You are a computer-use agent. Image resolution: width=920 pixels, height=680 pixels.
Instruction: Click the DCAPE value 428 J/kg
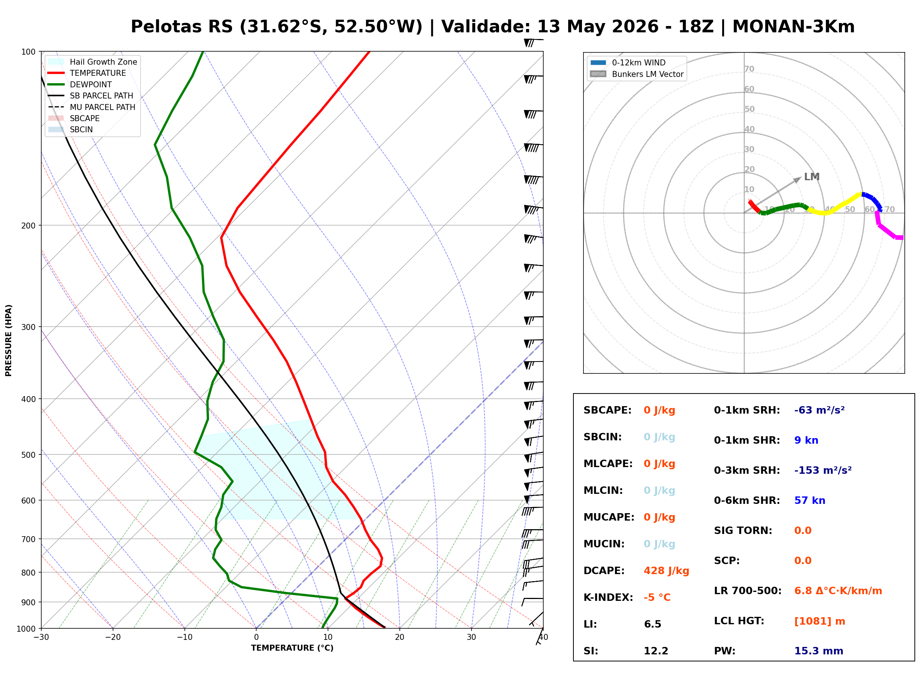tap(666, 571)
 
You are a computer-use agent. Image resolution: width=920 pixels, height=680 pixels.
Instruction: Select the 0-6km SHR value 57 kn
tap(810, 501)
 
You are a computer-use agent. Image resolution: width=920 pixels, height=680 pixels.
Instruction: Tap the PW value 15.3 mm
tap(819, 651)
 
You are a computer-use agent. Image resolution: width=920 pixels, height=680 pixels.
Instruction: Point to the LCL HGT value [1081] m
tap(820, 621)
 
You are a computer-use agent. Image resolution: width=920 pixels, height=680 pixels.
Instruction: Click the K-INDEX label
tap(608, 598)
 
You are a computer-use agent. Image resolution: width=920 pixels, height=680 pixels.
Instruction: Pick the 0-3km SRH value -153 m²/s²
tap(823, 470)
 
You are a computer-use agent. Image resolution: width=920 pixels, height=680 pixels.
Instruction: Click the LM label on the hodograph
tap(812, 177)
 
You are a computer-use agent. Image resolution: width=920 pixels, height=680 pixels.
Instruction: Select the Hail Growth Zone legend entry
tap(92, 62)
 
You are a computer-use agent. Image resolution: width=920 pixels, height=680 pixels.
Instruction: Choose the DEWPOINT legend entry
tap(80, 84)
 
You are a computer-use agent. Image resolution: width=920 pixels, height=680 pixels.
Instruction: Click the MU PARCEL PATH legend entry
tap(91, 107)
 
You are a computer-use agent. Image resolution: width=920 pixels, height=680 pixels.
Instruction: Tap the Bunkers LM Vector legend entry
tap(637, 74)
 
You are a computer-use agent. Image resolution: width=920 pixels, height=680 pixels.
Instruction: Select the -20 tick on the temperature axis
tap(112, 638)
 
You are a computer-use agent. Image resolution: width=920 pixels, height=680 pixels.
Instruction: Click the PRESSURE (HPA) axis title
tap(9, 340)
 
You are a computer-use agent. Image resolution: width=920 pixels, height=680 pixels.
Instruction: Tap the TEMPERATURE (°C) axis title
tap(292, 648)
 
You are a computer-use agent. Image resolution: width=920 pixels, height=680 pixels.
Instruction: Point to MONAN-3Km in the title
tap(794, 27)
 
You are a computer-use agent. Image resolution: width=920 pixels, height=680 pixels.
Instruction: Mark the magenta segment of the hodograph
tap(889, 226)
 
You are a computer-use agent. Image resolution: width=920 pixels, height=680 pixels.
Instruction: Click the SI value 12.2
tap(656, 651)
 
